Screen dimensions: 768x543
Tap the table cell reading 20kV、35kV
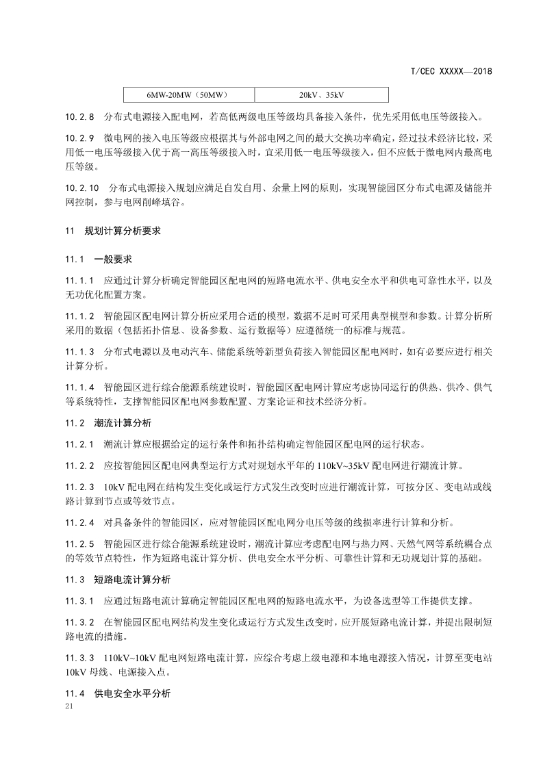(320, 94)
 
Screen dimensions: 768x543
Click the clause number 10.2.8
(79, 116)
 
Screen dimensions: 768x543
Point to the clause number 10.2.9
(79, 139)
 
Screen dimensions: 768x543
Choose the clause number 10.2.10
(82, 188)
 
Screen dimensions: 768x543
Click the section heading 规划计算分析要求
(123, 231)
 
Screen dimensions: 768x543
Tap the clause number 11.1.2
(79, 317)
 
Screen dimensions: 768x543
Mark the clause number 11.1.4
(79, 387)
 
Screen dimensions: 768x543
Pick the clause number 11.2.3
(79, 487)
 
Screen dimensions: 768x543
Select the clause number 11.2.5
(79, 543)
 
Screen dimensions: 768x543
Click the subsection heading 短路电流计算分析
(132, 579)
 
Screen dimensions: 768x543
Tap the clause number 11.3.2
(79, 622)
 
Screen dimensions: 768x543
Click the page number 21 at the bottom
(66, 705)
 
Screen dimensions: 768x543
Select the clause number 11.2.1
(79, 444)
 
